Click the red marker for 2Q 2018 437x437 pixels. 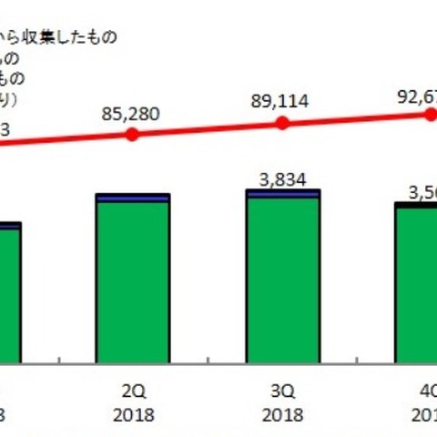[133, 134]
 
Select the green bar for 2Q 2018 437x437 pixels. [133, 282]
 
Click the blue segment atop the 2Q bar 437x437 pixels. [133, 198]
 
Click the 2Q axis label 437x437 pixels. [133, 391]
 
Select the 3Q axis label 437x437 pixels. [283, 391]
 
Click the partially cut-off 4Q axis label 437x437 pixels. [426, 391]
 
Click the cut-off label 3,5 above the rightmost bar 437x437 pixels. [418, 192]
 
